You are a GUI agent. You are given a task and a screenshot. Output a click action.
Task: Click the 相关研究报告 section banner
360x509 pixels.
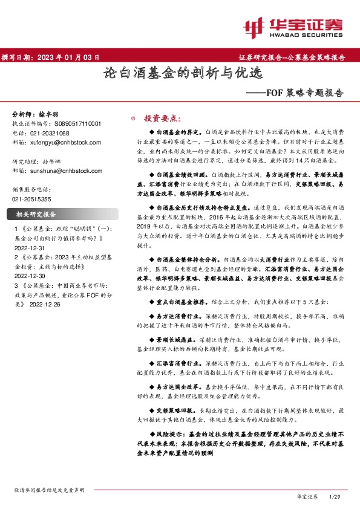[x=36, y=213]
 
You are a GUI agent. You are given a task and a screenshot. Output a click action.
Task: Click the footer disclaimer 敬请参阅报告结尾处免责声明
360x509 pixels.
[x=48, y=490]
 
